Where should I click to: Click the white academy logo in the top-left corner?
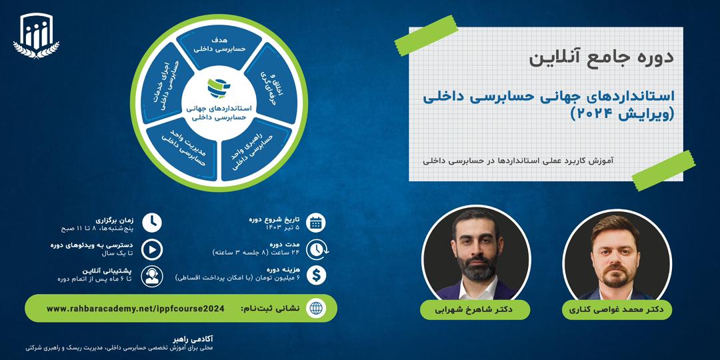[x=36, y=36]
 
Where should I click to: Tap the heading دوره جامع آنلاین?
[x=601, y=57]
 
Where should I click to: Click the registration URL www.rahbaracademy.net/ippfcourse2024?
[x=135, y=309]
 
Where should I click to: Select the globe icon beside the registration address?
[x=316, y=309]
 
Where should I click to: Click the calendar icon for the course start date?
[x=317, y=223]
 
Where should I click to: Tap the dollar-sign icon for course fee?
[x=317, y=274]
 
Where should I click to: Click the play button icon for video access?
[x=152, y=249]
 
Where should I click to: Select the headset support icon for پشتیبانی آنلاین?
[x=152, y=275]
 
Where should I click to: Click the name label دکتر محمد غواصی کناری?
[x=617, y=310]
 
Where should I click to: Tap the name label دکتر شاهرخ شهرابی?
[x=475, y=310]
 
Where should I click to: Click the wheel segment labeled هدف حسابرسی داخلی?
[x=219, y=45]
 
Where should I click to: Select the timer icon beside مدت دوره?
[x=317, y=248]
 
